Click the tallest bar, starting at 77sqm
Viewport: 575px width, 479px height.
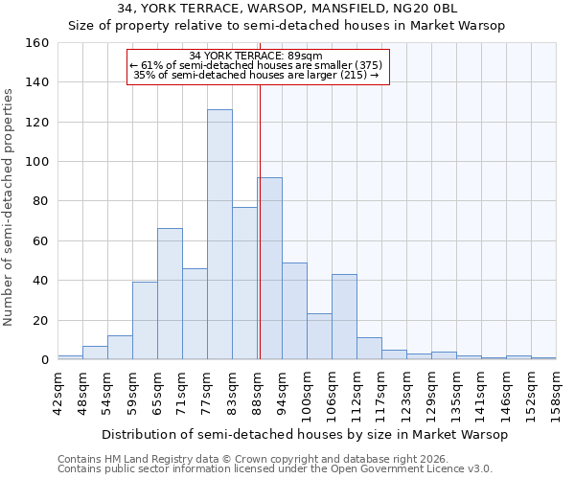tap(219, 235)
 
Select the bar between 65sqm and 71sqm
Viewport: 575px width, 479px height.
tap(170, 294)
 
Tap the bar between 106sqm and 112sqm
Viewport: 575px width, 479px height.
tap(344, 317)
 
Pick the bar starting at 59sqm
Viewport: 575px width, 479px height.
tap(145, 321)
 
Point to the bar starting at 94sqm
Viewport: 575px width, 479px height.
tap(294, 311)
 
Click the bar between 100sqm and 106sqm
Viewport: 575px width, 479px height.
tap(319, 336)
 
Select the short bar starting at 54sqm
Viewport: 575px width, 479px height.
tap(120, 348)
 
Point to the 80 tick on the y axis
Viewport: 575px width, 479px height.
tap(40, 201)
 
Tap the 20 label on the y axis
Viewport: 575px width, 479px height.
tap(40, 321)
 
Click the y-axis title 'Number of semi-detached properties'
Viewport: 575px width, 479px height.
tap(9, 204)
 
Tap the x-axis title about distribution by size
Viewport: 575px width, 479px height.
tap(304, 434)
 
